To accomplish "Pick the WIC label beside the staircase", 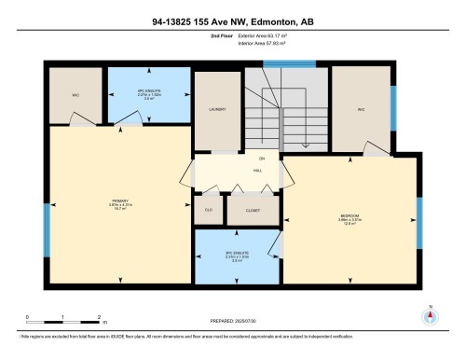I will [359, 109].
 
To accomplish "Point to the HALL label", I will [257, 171].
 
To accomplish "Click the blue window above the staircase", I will [276, 64].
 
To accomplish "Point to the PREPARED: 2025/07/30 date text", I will [233, 321].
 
